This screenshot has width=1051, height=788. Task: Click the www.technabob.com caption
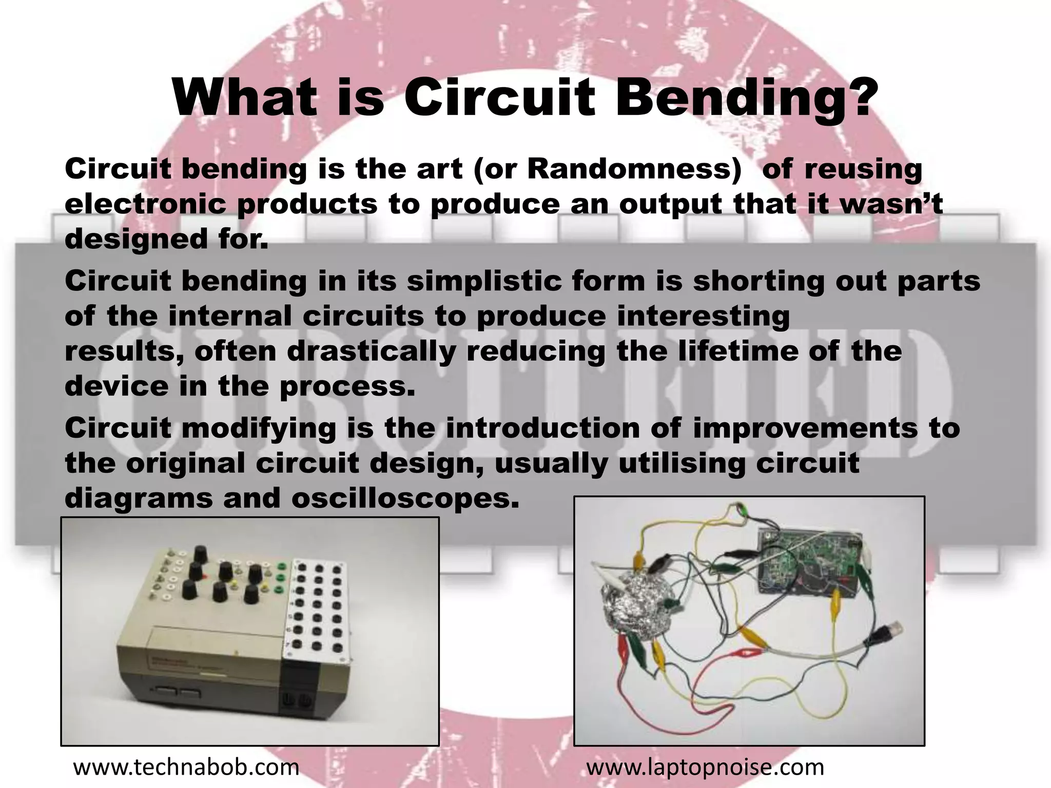point(186,767)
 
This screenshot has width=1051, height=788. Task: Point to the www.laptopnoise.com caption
point(705,767)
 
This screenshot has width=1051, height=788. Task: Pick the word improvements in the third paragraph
point(804,428)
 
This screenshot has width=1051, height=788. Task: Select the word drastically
point(371,351)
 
